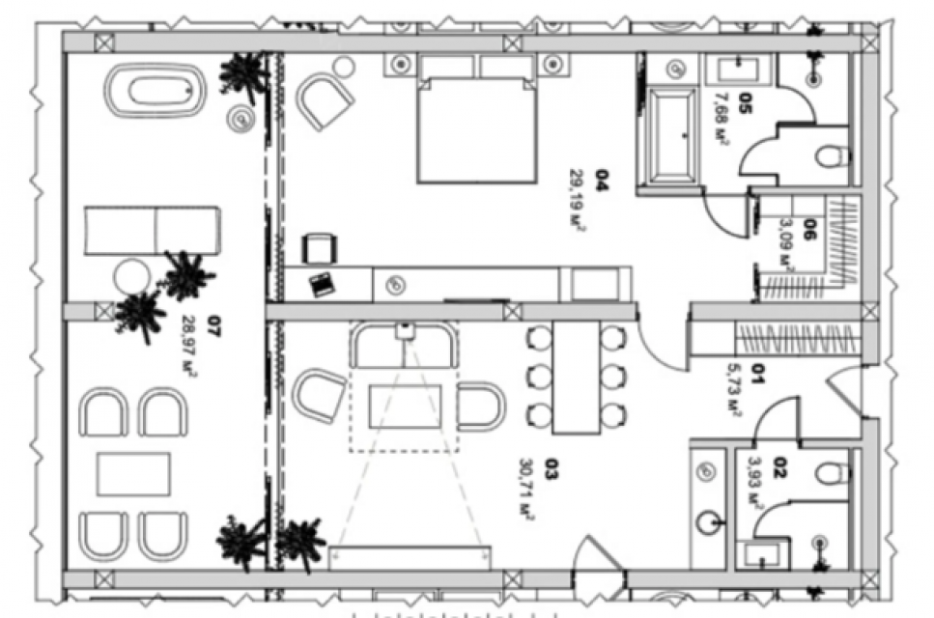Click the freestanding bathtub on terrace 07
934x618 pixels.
[x=156, y=91]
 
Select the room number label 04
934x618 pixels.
[x=603, y=181]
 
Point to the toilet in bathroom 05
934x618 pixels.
[x=833, y=156]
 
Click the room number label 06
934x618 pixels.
[x=810, y=229]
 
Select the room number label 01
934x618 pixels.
[x=756, y=374]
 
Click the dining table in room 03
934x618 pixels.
[x=576, y=377]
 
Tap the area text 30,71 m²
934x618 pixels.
[x=527, y=490]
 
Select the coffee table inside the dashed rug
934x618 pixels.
[x=405, y=407]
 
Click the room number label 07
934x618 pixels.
[x=212, y=326]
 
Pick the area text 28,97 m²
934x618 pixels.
[x=189, y=346]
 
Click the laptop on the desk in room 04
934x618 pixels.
[x=323, y=284]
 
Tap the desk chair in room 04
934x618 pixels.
[x=320, y=248]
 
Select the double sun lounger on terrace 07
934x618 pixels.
[x=152, y=231]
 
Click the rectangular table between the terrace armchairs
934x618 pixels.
[x=133, y=474]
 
